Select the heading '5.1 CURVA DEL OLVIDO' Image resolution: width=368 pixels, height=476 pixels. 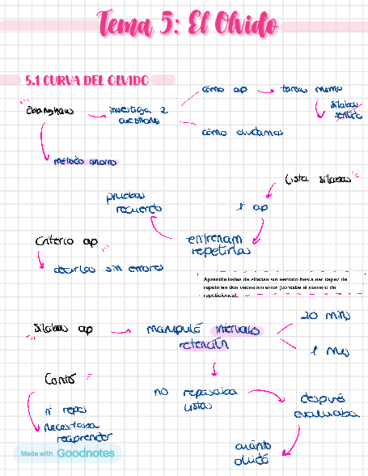[87, 81]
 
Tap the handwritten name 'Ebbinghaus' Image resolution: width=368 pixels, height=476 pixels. [49, 111]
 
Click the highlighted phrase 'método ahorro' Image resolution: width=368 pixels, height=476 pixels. [85, 162]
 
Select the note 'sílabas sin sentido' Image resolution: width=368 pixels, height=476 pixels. [339, 109]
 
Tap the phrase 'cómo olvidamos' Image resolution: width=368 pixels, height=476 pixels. [242, 133]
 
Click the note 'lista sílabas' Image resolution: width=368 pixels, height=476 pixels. [318, 180]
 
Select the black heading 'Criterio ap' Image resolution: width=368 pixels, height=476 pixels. [66, 241]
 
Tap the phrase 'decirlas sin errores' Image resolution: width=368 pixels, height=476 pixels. [108, 269]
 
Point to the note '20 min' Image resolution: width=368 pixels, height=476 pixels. [325, 316]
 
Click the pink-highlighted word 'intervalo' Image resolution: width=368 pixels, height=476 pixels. [236, 329]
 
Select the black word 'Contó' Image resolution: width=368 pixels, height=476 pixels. [59, 379]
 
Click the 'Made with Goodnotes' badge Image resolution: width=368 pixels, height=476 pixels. [67, 453]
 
